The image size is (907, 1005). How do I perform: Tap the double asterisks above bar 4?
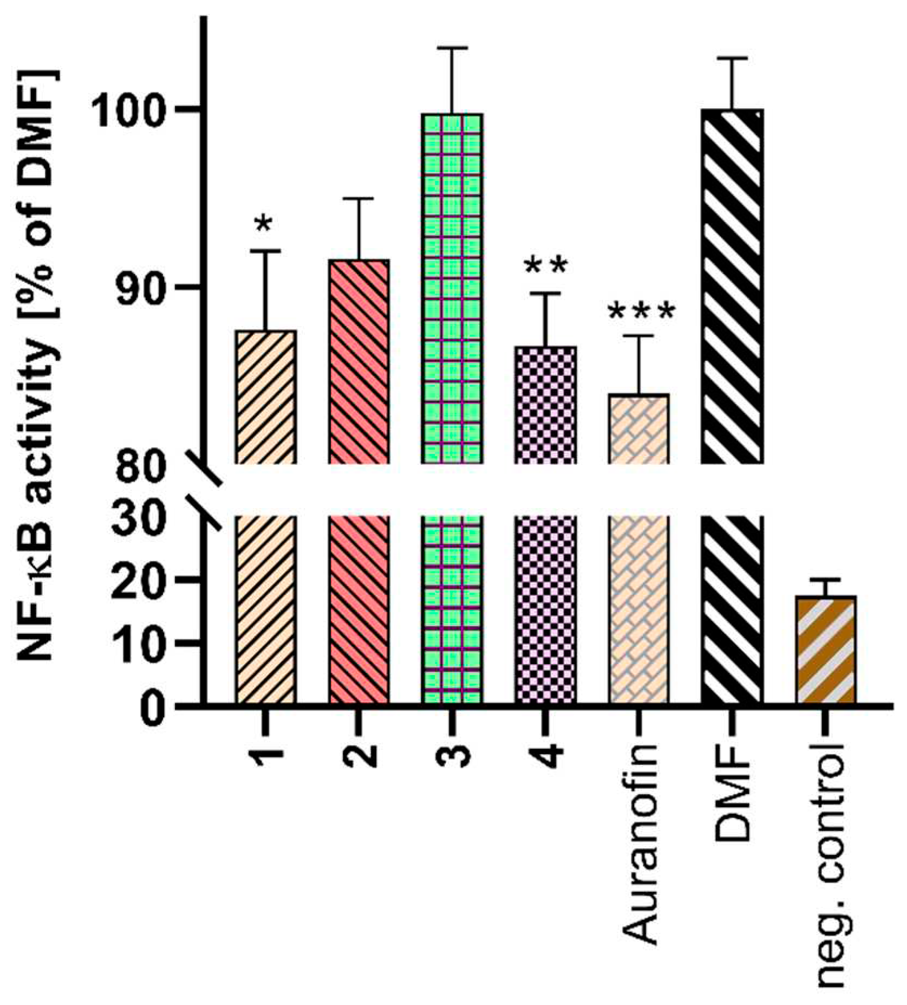click(546, 266)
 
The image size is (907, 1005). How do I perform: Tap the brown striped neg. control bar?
click(826, 650)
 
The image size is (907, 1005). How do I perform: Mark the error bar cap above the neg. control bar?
click(826, 579)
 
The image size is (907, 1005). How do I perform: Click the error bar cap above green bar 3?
click(452, 48)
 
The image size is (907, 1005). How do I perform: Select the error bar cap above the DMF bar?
click(732, 57)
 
